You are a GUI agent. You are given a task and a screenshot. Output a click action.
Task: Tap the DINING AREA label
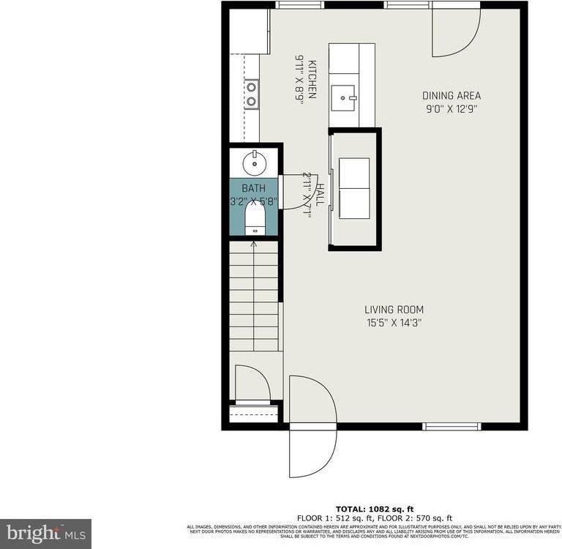click(452, 96)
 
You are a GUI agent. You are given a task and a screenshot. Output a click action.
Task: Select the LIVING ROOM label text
click(394, 310)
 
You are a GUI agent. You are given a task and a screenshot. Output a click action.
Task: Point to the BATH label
click(253, 188)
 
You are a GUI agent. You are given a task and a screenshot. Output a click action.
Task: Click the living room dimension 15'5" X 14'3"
click(394, 322)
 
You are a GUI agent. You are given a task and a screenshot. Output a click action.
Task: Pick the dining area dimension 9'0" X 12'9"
click(452, 108)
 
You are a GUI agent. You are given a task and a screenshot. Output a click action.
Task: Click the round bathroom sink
click(253, 158)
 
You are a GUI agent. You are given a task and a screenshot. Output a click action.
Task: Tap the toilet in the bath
click(254, 217)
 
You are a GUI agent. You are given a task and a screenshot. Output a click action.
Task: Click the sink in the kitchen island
click(344, 95)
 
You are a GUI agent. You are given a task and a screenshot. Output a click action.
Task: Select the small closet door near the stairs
click(251, 383)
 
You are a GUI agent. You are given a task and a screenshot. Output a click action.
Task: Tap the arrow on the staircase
click(254, 244)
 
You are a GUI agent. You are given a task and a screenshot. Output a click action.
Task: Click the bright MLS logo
click(45, 533)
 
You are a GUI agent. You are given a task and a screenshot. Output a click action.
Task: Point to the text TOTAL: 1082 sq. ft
click(374, 509)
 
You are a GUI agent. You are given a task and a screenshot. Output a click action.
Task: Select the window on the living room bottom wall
click(452, 426)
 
